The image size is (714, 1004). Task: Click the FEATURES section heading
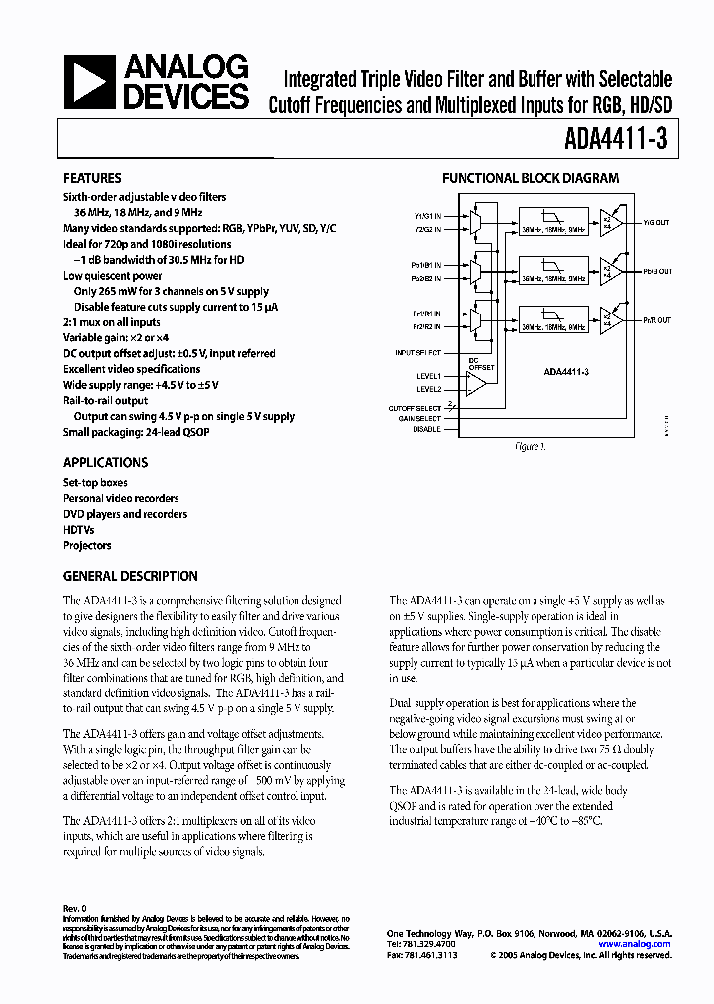point(92,179)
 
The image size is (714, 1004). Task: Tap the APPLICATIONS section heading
point(105,462)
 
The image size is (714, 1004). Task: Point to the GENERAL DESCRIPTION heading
point(130,576)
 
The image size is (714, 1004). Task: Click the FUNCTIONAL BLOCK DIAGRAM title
point(530,179)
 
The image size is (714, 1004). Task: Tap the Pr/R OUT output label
point(655,320)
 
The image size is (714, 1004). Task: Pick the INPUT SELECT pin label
point(418,352)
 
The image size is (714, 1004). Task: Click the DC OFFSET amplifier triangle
point(479,382)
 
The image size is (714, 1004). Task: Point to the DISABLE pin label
point(425,430)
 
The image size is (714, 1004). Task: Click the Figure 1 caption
point(530,448)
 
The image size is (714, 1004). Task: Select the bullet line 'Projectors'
point(87,545)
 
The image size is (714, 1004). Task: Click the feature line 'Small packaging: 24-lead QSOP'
point(137,432)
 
